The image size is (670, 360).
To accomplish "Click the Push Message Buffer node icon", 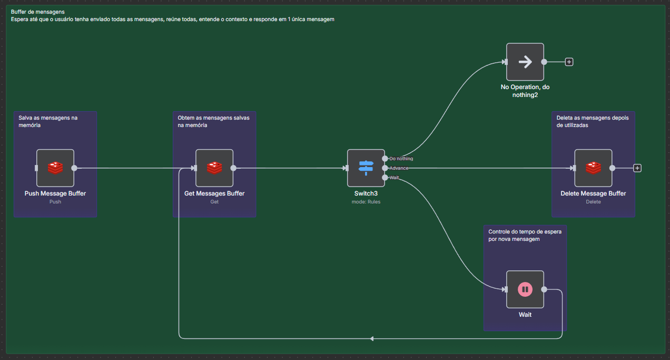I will point(55,168).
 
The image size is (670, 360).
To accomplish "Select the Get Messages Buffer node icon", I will point(214,168).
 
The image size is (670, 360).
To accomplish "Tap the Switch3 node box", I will point(366,168).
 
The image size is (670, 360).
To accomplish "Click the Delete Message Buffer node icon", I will point(593,168).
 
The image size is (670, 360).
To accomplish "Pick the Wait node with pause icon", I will point(525,289).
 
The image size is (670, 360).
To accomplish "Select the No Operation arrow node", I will point(525,62).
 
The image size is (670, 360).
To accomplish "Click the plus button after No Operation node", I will point(569,62).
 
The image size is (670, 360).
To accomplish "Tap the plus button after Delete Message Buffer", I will point(637,168).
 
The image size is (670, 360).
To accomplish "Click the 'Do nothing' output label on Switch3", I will point(401,159).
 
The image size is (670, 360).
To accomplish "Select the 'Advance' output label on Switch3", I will point(399,168).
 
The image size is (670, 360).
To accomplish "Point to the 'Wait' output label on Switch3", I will point(395,178).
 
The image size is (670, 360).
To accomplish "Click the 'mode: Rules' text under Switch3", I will point(366,201).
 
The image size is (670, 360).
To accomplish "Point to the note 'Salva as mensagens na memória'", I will point(48,121).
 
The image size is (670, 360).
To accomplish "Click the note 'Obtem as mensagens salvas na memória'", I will point(213,121).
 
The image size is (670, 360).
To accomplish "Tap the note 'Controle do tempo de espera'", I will point(524,235).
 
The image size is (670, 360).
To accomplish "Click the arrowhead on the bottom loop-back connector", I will point(371,338).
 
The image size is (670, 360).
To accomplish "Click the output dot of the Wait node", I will point(544,289).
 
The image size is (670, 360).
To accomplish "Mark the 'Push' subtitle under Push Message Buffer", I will point(55,201).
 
